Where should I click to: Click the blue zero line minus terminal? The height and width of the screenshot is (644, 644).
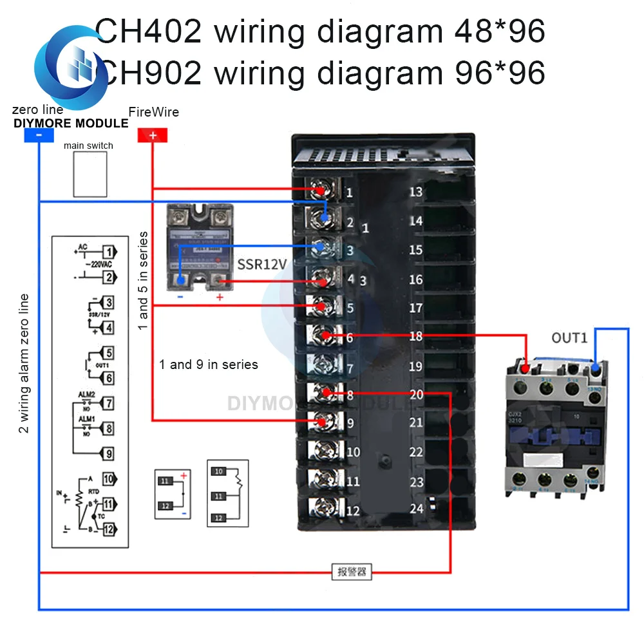39,135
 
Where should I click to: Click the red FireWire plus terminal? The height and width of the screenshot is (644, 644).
153,135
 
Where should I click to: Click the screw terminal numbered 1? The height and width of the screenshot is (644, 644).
321,191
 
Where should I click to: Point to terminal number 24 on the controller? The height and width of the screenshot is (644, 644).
417,509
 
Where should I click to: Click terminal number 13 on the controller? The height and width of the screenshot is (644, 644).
416,191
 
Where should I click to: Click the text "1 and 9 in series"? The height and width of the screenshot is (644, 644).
209,365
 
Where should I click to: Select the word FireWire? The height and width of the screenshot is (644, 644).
154,112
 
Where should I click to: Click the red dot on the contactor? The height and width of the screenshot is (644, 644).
526,369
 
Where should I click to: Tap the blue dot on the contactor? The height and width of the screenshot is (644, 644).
596,368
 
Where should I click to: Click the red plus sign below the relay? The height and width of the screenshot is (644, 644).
220,297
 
